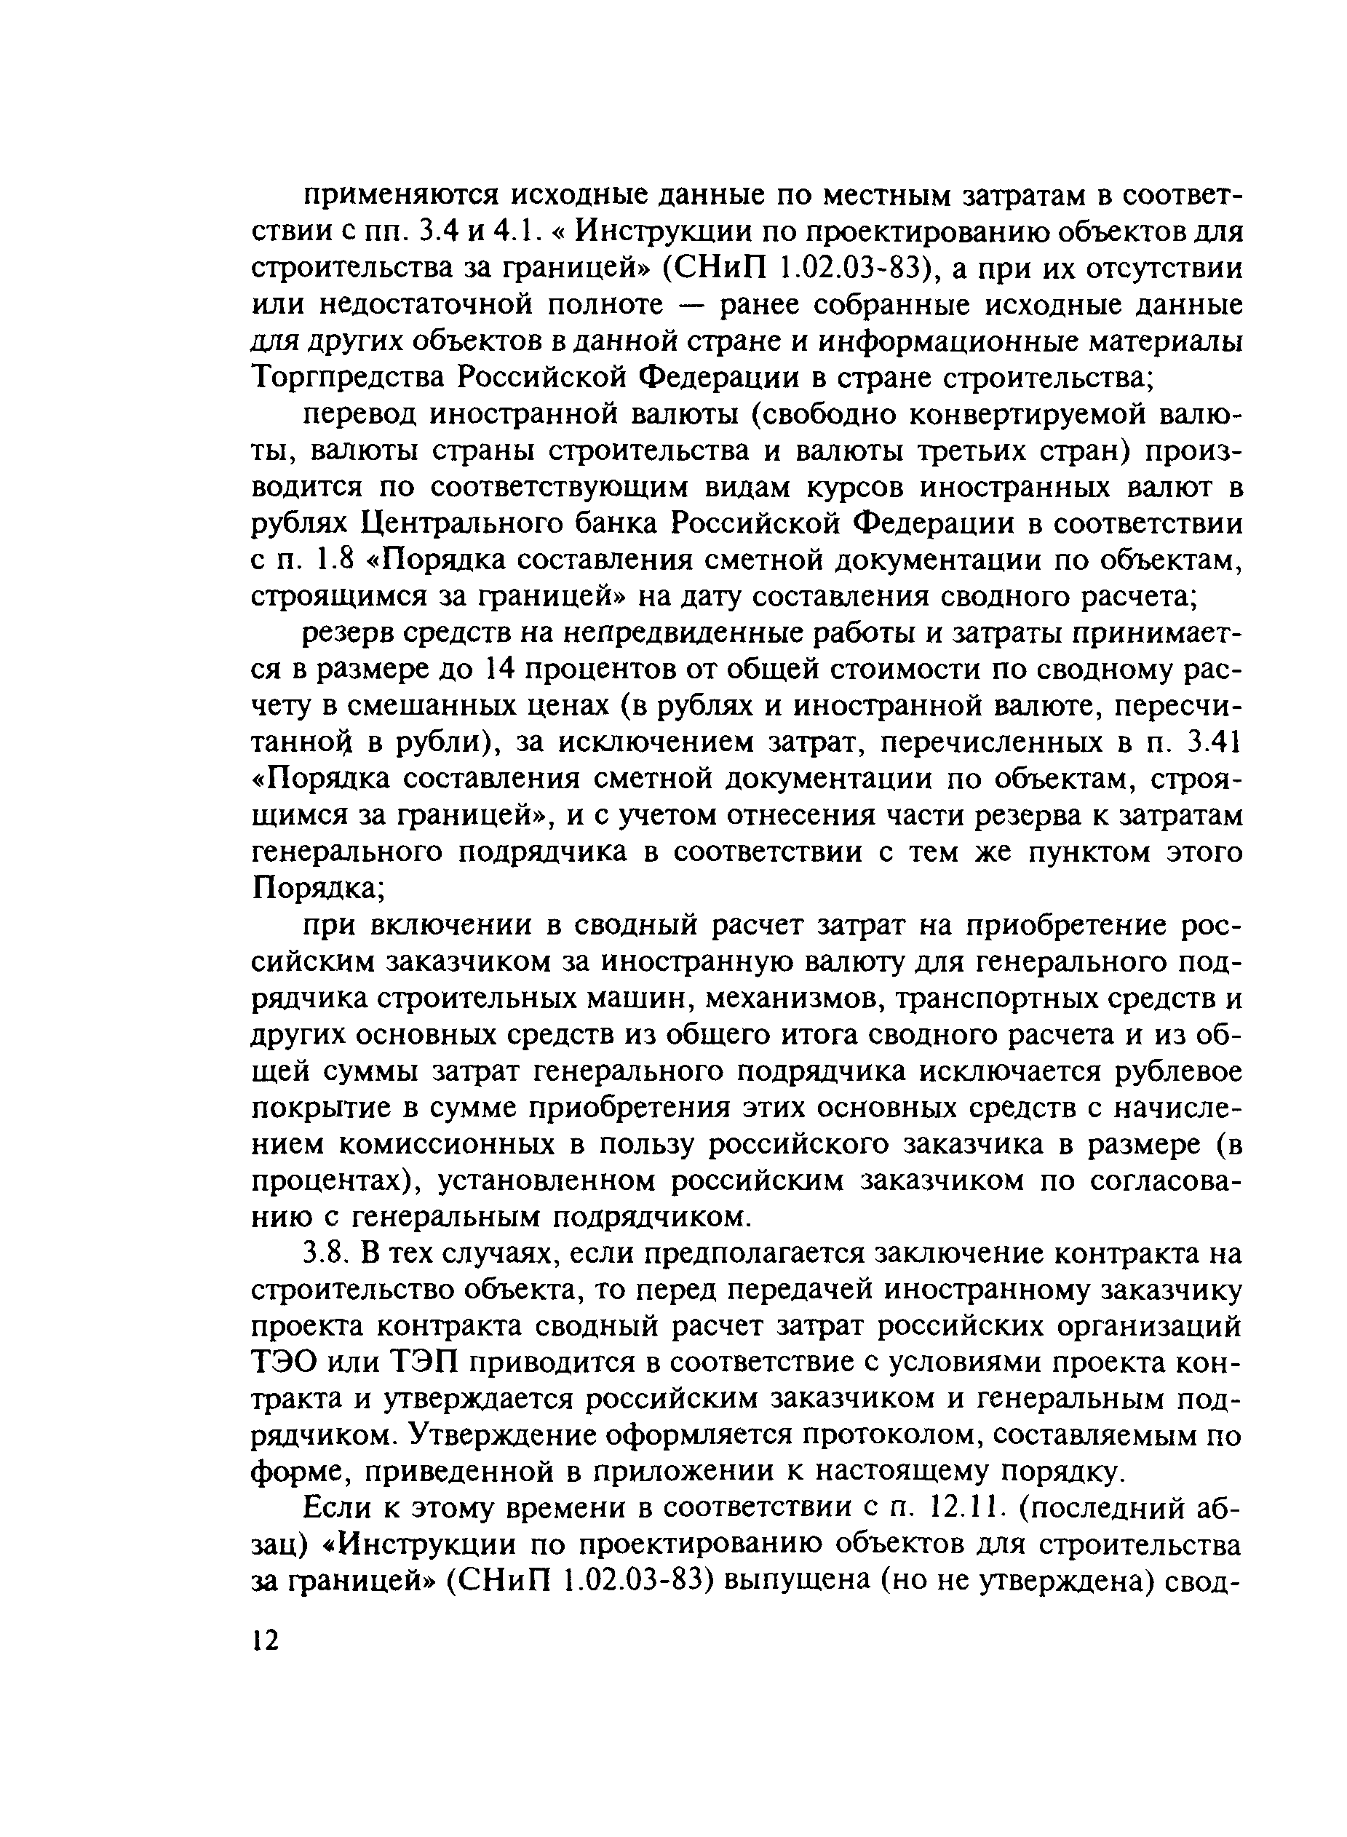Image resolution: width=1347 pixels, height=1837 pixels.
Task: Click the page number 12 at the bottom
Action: pos(266,1639)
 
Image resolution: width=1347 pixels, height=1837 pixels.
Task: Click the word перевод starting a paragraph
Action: pos(360,415)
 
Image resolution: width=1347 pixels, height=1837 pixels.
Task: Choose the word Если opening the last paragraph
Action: pos(335,1509)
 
